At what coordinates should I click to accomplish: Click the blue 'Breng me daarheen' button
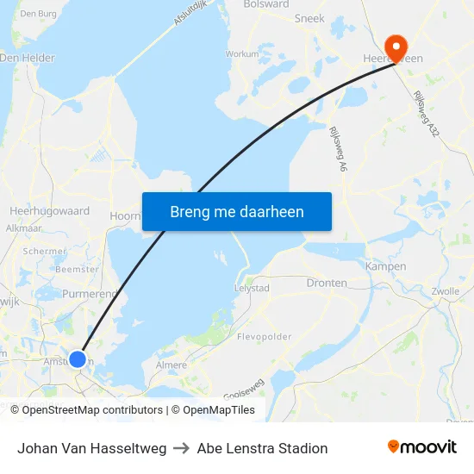point(237,211)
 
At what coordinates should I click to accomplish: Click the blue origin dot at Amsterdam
point(78,359)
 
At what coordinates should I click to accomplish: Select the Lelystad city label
point(253,288)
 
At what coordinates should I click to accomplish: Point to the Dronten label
point(327,283)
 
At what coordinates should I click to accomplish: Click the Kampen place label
point(385,266)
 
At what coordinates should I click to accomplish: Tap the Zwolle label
point(446,291)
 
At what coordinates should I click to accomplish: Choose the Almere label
point(171,365)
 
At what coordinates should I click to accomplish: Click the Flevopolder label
point(264,337)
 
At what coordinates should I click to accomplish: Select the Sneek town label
point(309,17)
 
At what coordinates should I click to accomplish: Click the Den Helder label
point(28,58)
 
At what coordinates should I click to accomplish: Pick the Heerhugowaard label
point(49,210)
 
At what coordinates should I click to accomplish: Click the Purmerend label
point(89,294)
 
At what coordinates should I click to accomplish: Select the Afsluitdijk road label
point(192,16)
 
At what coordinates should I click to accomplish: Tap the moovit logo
point(421,447)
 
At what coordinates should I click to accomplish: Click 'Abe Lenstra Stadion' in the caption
point(262,448)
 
